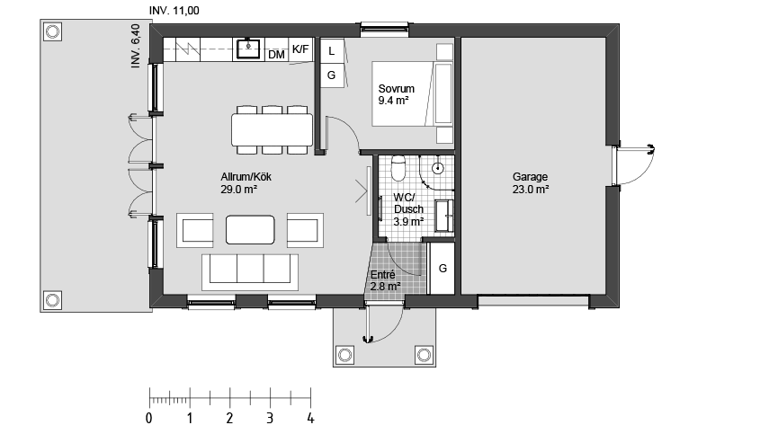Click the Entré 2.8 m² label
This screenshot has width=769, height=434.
tap(385, 280)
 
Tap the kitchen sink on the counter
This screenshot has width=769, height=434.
tap(248, 49)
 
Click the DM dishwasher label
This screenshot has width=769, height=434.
tap(277, 55)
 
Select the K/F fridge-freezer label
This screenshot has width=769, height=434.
tap(300, 49)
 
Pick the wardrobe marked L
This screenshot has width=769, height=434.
tap(332, 50)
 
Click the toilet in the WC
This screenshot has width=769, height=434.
tap(398, 168)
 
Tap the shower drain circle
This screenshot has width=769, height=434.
tap(438, 169)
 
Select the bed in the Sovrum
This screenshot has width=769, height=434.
tap(412, 93)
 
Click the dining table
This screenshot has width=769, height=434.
tap(273, 129)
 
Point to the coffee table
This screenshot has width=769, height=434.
tap(250, 230)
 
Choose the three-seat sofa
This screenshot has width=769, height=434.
tap(250, 272)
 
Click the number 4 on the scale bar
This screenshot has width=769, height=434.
tap(310, 418)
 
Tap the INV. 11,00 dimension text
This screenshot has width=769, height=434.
tap(174, 10)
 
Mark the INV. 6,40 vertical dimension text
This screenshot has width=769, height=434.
tap(135, 46)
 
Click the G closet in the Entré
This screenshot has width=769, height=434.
tap(443, 269)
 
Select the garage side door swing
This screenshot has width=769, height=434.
tap(636, 165)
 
